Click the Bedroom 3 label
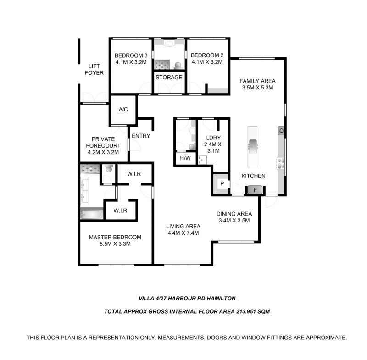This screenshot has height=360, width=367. (131, 55)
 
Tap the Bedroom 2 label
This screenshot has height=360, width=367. (207, 55)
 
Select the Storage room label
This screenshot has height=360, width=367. (169, 77)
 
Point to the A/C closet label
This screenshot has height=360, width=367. (123, 109)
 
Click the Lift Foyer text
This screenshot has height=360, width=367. (94, 69)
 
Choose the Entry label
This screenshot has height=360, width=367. (141, 136)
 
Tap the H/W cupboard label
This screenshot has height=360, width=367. (185, 158)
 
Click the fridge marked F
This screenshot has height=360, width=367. (255, 190)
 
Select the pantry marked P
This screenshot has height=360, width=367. (222, 184)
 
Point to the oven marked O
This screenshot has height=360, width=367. (281, 131)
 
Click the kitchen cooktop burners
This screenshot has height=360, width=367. (281, 163)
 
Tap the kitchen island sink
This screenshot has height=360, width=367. (253, 146)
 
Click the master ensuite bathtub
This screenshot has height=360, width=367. (92, 214)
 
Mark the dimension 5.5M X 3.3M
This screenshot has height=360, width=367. (115, 244)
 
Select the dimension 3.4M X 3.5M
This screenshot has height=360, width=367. (234, 220)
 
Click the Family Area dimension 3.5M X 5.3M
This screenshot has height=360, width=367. (257, 88)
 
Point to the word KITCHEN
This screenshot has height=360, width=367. (254, 176)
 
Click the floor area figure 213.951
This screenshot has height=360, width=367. (246, 311)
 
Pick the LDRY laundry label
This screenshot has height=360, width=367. (213, 138)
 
